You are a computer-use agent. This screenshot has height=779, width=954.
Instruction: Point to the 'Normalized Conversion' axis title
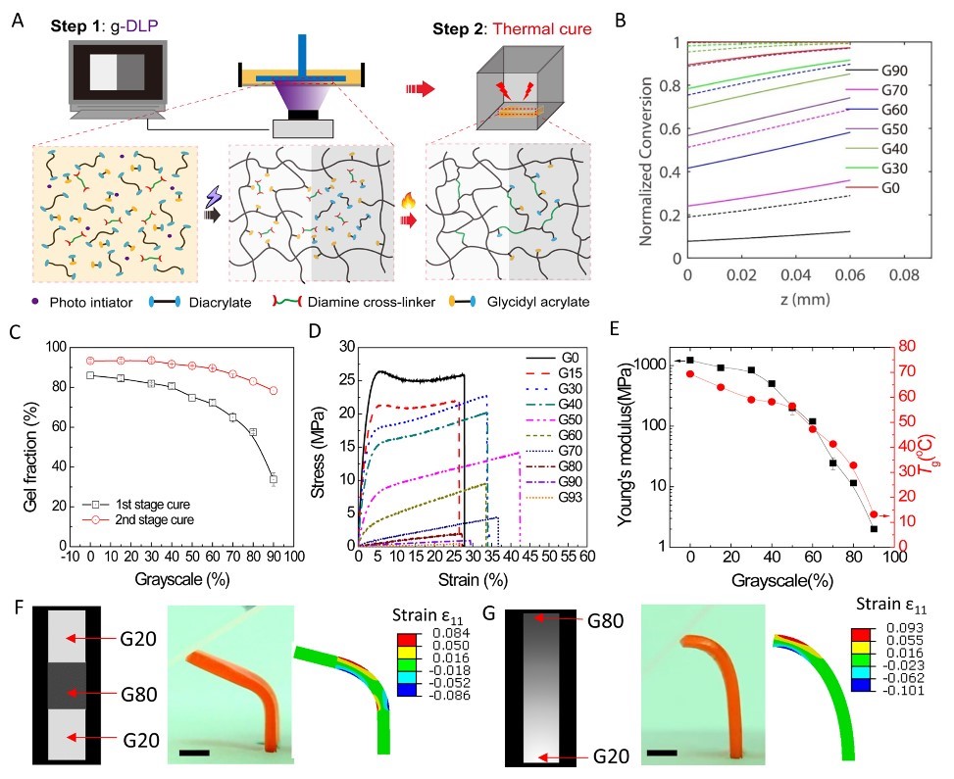650,149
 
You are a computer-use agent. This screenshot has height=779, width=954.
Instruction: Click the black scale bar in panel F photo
193,753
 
